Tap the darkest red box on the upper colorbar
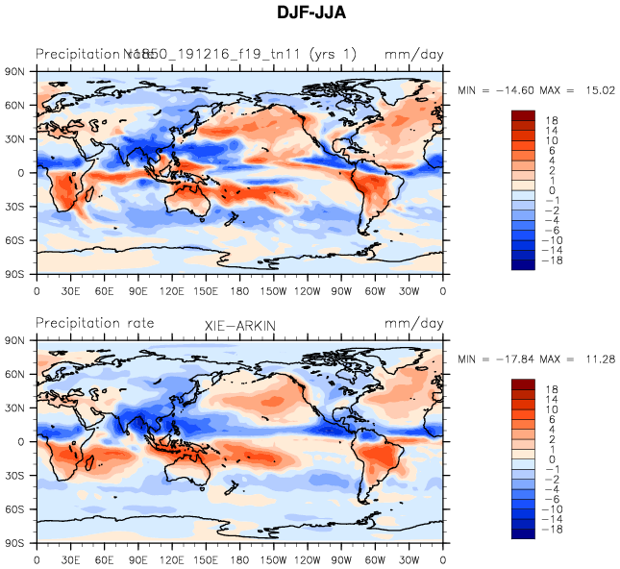[523, 115]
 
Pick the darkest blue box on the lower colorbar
[523, 533]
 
